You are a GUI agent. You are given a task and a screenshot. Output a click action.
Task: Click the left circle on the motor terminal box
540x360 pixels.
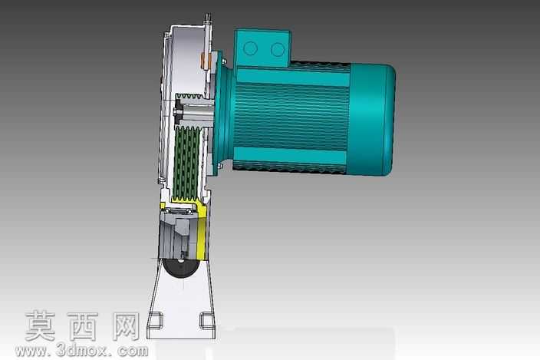click(250, 48)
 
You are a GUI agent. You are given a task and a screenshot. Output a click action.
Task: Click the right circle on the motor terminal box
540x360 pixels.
click(278, 50)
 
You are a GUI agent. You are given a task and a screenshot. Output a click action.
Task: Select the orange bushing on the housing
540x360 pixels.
click(206, 61)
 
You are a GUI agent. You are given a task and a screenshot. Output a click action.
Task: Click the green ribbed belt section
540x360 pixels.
click(186, 163)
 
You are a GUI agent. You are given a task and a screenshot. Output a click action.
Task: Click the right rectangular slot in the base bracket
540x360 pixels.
click(207, 320)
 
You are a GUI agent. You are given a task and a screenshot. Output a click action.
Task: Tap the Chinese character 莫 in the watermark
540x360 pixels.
click(41, 326)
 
